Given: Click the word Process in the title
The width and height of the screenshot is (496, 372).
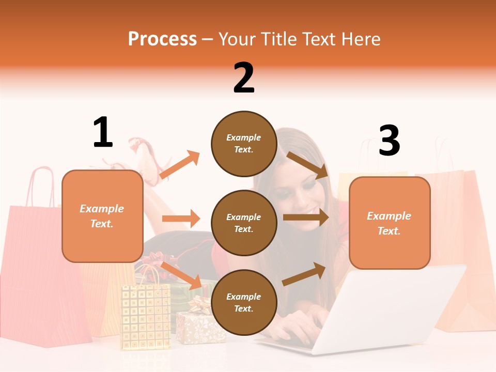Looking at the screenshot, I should tap(162, 39).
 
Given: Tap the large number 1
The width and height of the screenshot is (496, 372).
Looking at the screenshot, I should tap(103, 132).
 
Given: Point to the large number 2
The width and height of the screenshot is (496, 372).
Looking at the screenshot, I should tap(244, 78).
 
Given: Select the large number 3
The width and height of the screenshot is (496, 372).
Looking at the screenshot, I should tap(389, 141).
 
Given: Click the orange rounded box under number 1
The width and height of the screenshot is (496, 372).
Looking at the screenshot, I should tap(102, 216).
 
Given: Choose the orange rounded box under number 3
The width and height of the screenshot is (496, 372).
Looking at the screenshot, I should tap(390, 223).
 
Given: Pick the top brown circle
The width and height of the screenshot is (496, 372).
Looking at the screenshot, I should tap(244, 144).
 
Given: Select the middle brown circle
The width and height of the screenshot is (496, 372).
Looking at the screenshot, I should tap(244, 223).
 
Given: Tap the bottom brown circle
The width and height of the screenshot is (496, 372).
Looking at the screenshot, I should tap(244, 302).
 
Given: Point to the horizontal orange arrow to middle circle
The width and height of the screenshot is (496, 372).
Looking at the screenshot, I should tap(181, 219).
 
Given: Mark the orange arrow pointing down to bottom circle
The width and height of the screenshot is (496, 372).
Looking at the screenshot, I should tap(182, 275).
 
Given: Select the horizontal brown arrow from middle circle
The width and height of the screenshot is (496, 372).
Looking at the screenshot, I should tap(305, 218).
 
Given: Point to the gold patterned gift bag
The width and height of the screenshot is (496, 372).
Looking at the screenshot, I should tap(146, 315).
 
